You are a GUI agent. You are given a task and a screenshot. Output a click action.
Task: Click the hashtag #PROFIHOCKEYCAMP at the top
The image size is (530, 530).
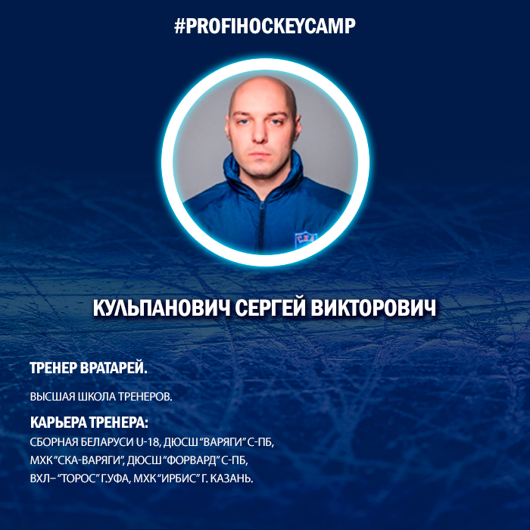point(265,26)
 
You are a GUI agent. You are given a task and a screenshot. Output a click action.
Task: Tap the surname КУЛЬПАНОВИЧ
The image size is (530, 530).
point(161,308)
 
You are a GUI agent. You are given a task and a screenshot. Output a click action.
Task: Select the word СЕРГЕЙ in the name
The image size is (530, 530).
point(270,308)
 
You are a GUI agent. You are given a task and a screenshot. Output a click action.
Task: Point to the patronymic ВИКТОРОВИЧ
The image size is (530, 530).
point(374,308)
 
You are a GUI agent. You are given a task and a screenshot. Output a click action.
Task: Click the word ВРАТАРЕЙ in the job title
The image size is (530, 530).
point(114,368)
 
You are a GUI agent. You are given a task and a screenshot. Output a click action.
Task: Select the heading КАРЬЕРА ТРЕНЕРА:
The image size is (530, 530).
point(89,422)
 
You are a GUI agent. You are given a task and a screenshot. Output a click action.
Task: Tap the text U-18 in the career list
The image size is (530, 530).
point(148,442)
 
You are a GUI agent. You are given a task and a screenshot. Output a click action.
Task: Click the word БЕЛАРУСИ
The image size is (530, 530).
point(108,442)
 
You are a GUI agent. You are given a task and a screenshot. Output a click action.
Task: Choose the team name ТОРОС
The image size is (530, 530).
point(79,479)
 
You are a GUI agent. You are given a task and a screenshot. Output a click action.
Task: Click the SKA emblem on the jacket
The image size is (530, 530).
point(305,239)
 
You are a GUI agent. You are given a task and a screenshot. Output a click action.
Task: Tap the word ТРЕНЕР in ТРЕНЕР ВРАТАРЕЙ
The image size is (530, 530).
point(54,368)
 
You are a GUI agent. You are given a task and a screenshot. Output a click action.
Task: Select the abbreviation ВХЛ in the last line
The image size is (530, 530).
point(39,479)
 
